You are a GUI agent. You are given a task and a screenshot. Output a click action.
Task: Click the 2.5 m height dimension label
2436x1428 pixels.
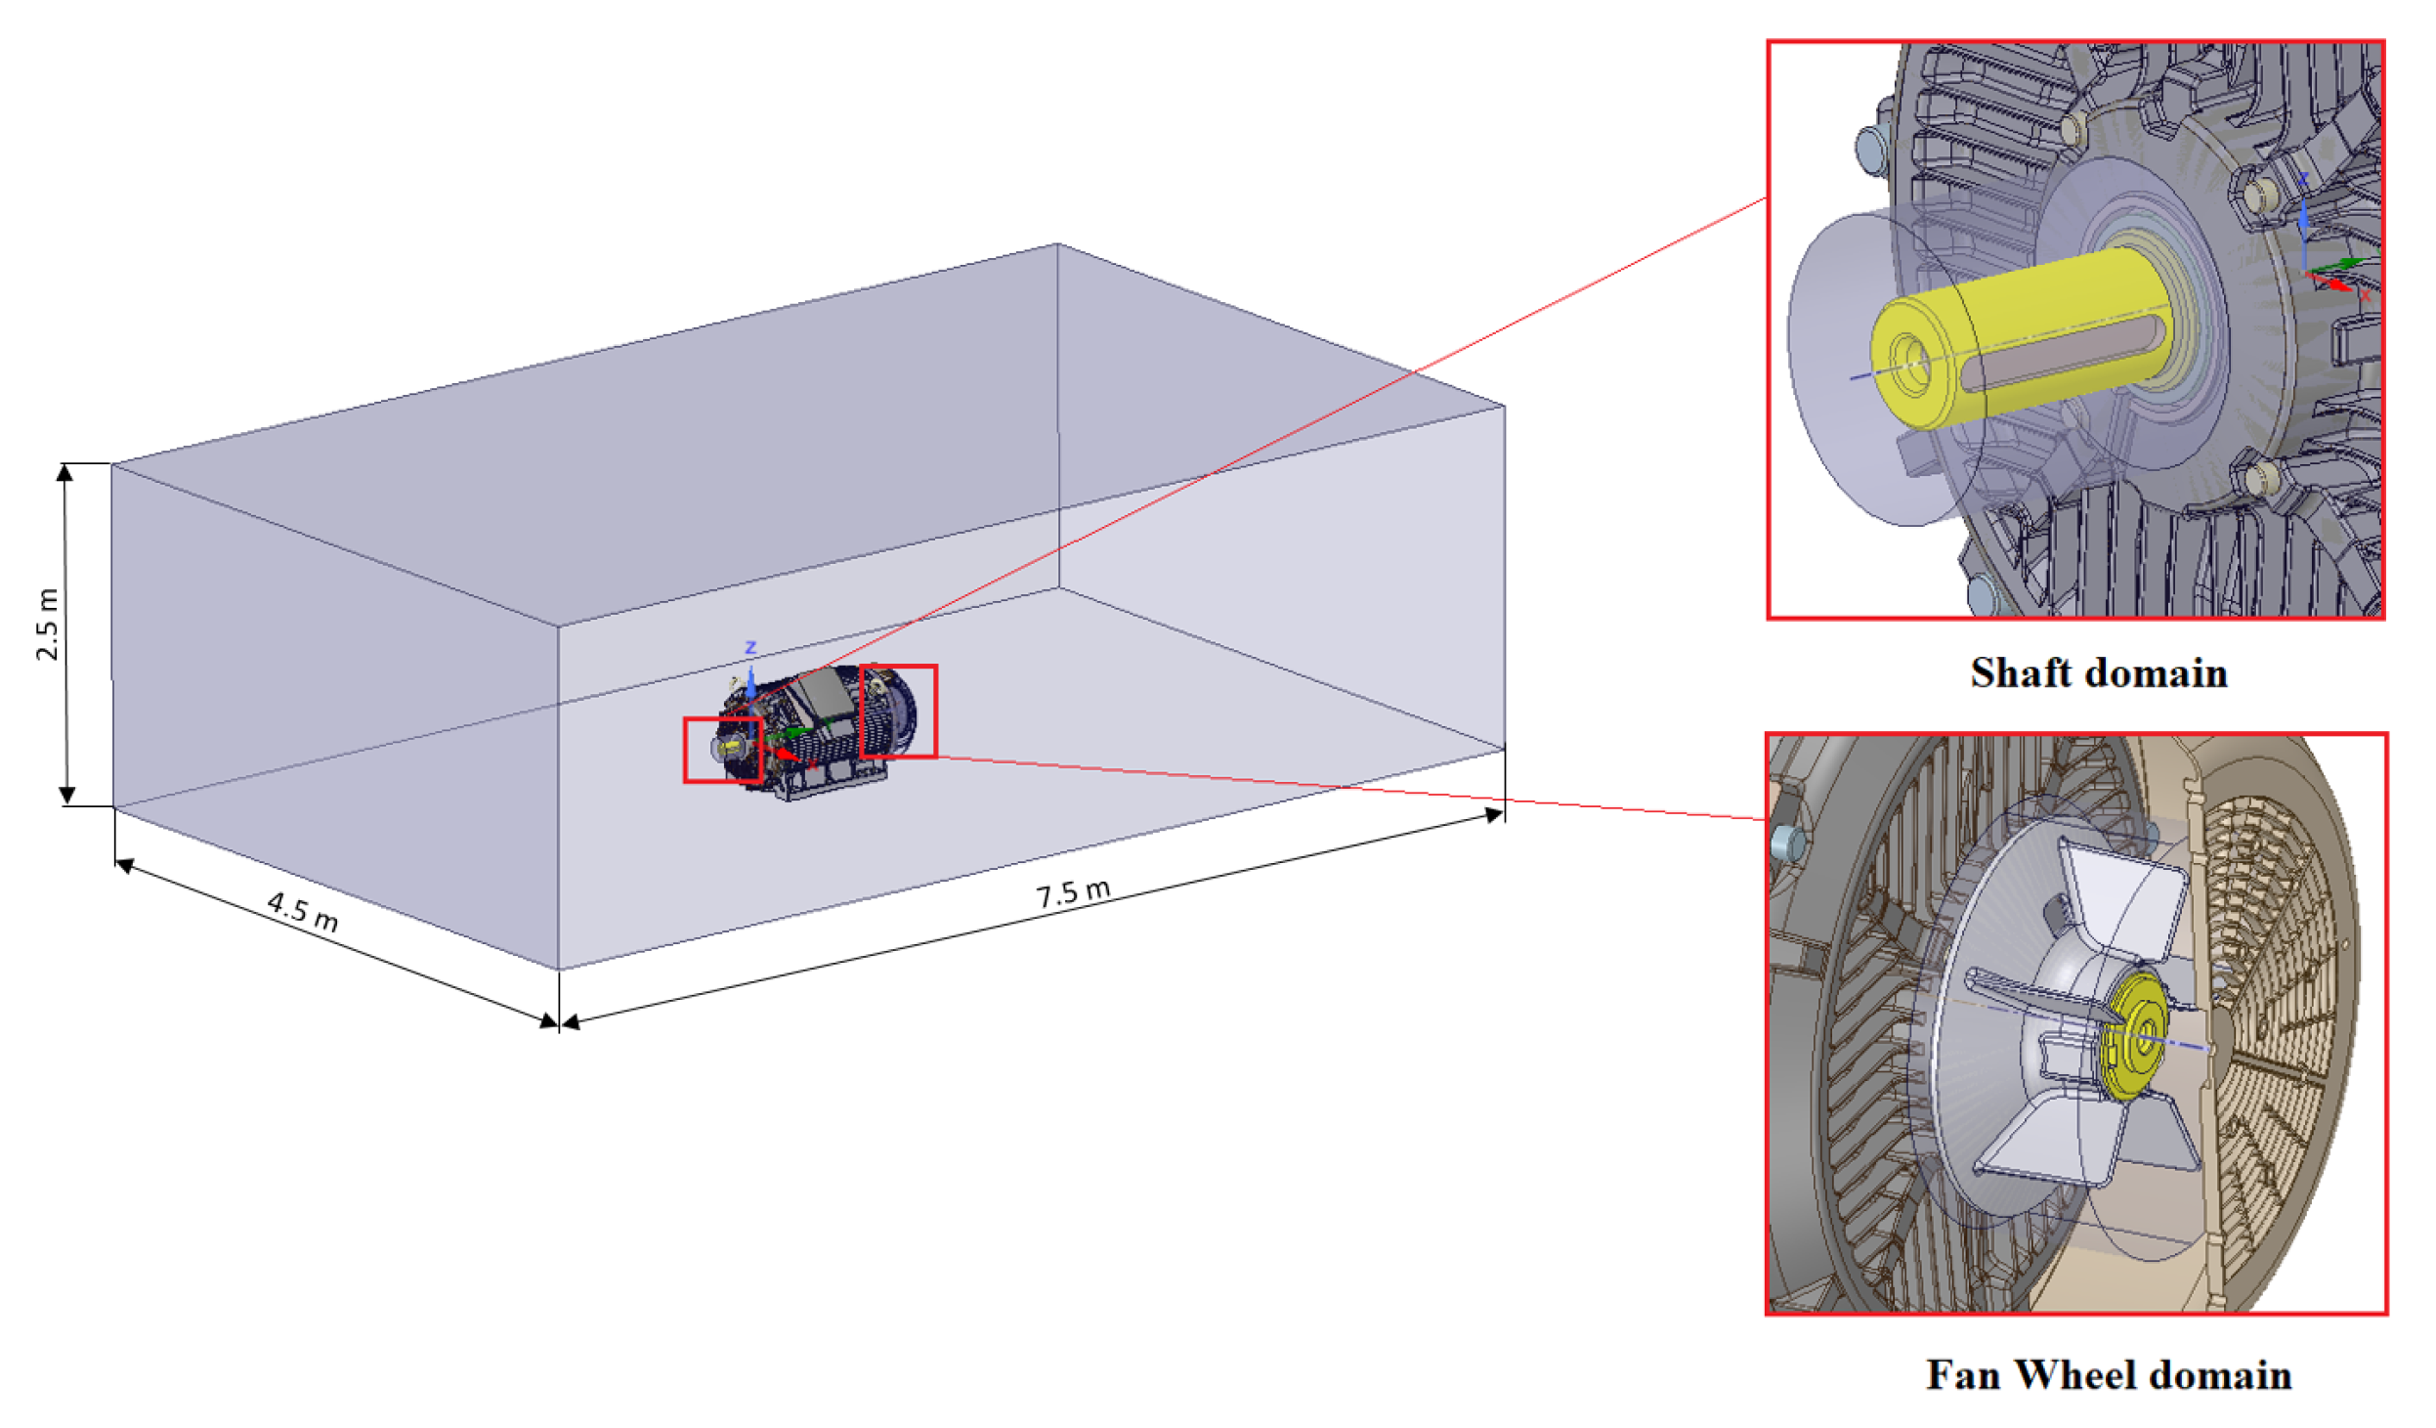pyautogui.click(x=47, y=625)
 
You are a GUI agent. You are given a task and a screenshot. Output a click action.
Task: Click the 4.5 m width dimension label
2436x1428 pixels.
pyautogui.click(x=303, y=910)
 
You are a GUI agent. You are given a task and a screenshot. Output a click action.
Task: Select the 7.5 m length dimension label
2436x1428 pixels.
pyautogui.click(x=1073, y=891)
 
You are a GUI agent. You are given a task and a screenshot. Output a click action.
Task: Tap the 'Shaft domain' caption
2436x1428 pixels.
pyautogui.click(x=2098, y=672)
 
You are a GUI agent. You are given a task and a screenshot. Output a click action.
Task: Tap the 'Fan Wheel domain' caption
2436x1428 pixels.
pyautogui.click(x=2109, y=1374)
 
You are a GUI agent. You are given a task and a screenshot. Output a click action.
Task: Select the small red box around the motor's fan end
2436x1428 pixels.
pyautogui.click(x=898, y=667)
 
